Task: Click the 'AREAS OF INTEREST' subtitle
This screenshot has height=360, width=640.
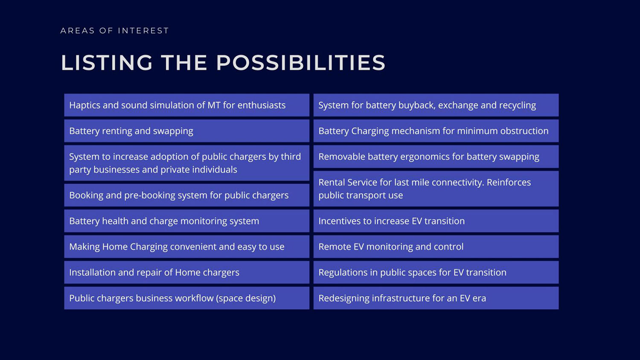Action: (x=115, y=31)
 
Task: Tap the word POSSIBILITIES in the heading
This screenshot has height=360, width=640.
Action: (x=300, y=63)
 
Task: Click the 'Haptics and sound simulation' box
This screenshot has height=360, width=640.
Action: (x=186, y=105)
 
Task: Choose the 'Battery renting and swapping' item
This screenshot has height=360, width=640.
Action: (x=186, y=131)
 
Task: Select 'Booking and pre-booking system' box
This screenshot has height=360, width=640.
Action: (x=186, y=195)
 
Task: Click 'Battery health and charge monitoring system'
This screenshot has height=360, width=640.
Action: (x=186, y=221)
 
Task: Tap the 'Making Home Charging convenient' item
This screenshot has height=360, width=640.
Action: (x=186, y=247)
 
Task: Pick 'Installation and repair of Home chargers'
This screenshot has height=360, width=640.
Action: (x=186, y=272)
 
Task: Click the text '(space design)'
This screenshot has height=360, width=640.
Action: (x=246, y=298)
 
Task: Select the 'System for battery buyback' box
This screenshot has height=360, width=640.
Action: (x=436, y=105)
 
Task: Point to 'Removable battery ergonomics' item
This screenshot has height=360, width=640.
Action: (x=436, y=157)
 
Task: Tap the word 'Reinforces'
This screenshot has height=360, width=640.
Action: (x=509, y=182)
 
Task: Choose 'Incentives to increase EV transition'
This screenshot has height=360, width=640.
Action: (x=436, y=221)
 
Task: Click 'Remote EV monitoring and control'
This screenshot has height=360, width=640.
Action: (x=436, y=247)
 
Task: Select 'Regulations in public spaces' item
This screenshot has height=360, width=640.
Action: (x=436, y=272)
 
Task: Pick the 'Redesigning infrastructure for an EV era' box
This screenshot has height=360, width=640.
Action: (x=436, y=298)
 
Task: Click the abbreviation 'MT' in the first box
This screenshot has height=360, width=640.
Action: (x=214, y=105)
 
